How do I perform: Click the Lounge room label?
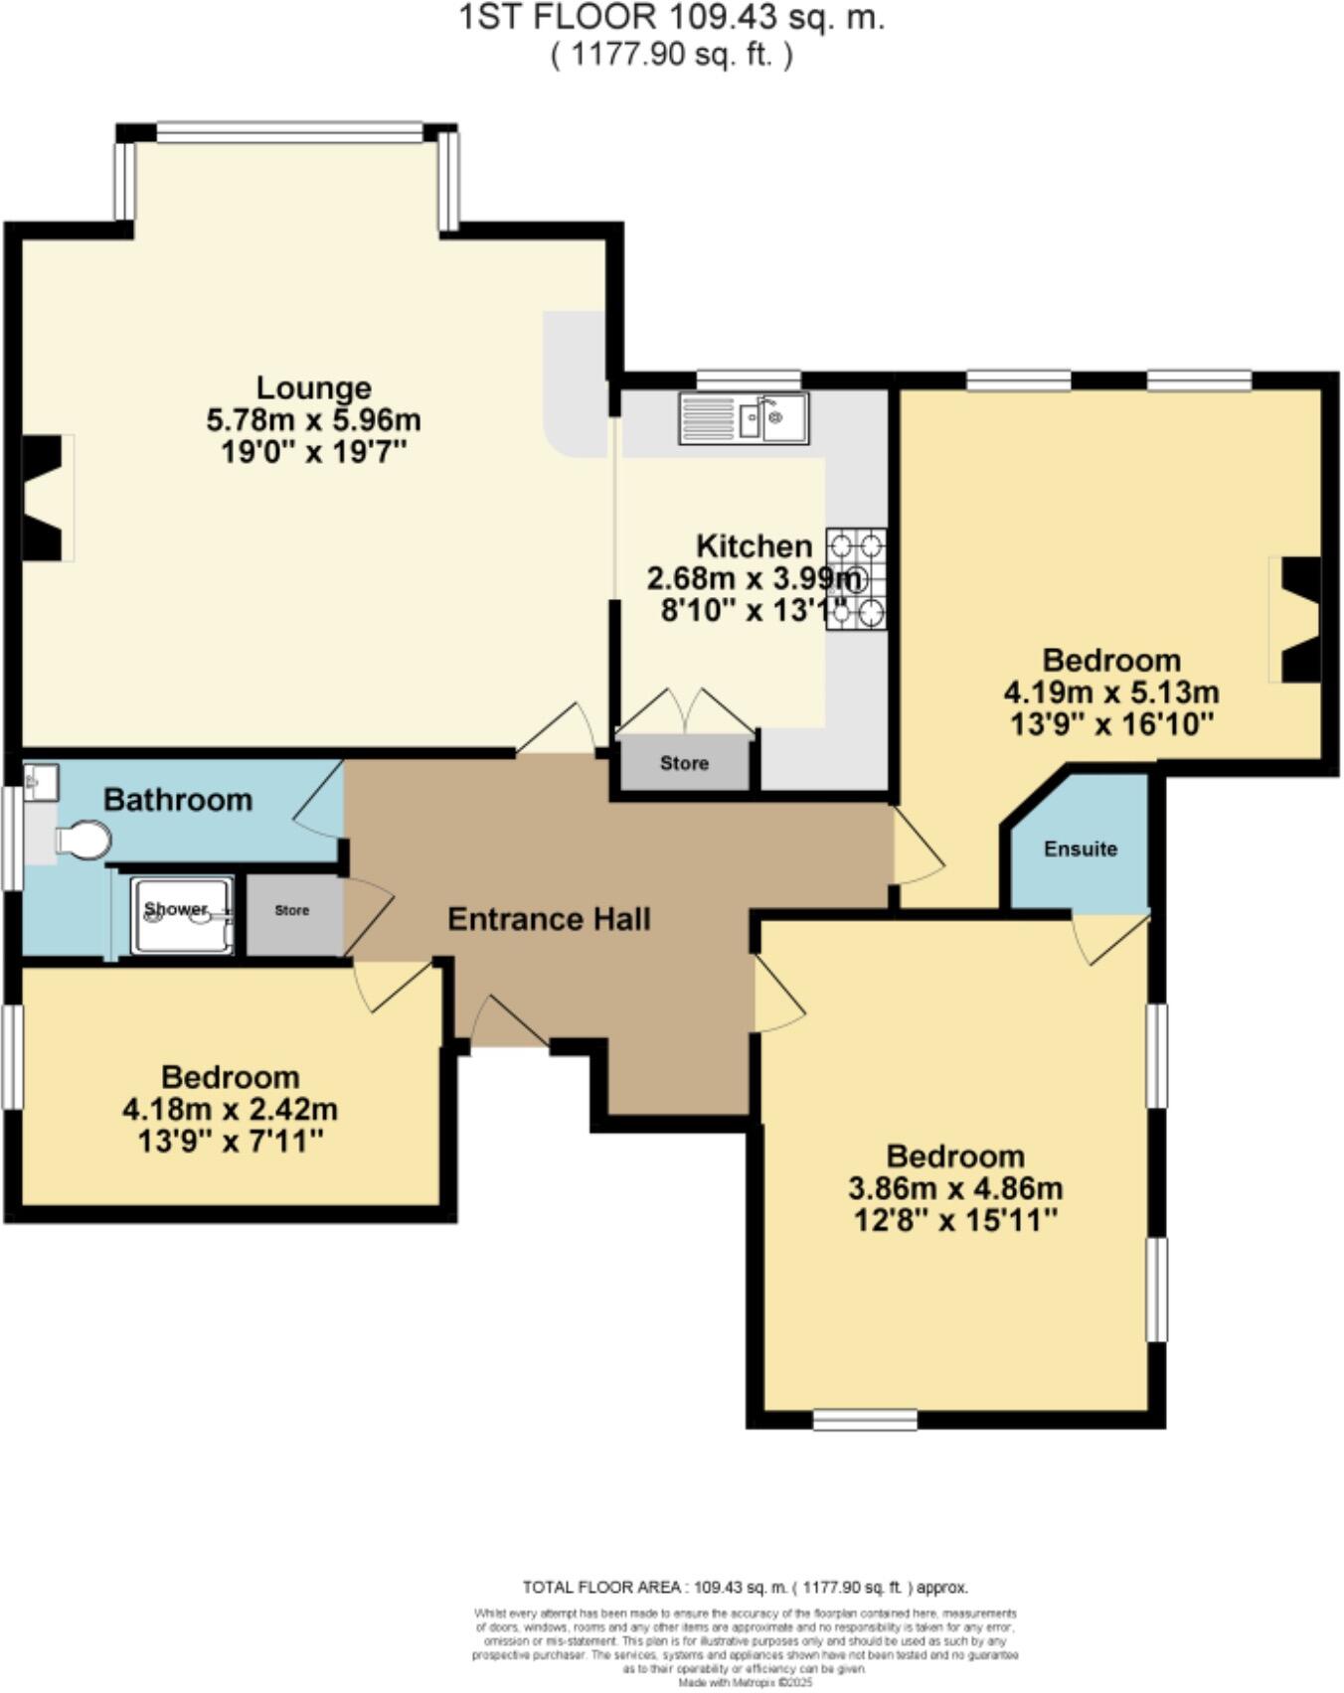point(313,387)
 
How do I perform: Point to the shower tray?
point(182,914)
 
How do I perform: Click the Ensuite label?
point(1081,849)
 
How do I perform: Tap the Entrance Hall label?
point(549,919)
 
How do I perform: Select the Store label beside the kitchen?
point(684,764)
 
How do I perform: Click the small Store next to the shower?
point(292,910)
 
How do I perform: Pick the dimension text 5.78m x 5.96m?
point(313,420)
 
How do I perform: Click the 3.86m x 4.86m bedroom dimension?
point(955,1188)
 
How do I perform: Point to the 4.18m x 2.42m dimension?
point(230,1109)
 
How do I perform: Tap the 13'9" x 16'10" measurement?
point(1111,724)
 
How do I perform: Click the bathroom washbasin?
point(41,781)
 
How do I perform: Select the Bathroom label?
point(178,800)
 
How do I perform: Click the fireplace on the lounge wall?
point(46,498)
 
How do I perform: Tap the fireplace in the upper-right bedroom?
point(1298,620)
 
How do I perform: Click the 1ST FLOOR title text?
point(671,18)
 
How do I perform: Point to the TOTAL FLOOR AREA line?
point(745,1588)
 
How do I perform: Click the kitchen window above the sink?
point(749,379)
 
